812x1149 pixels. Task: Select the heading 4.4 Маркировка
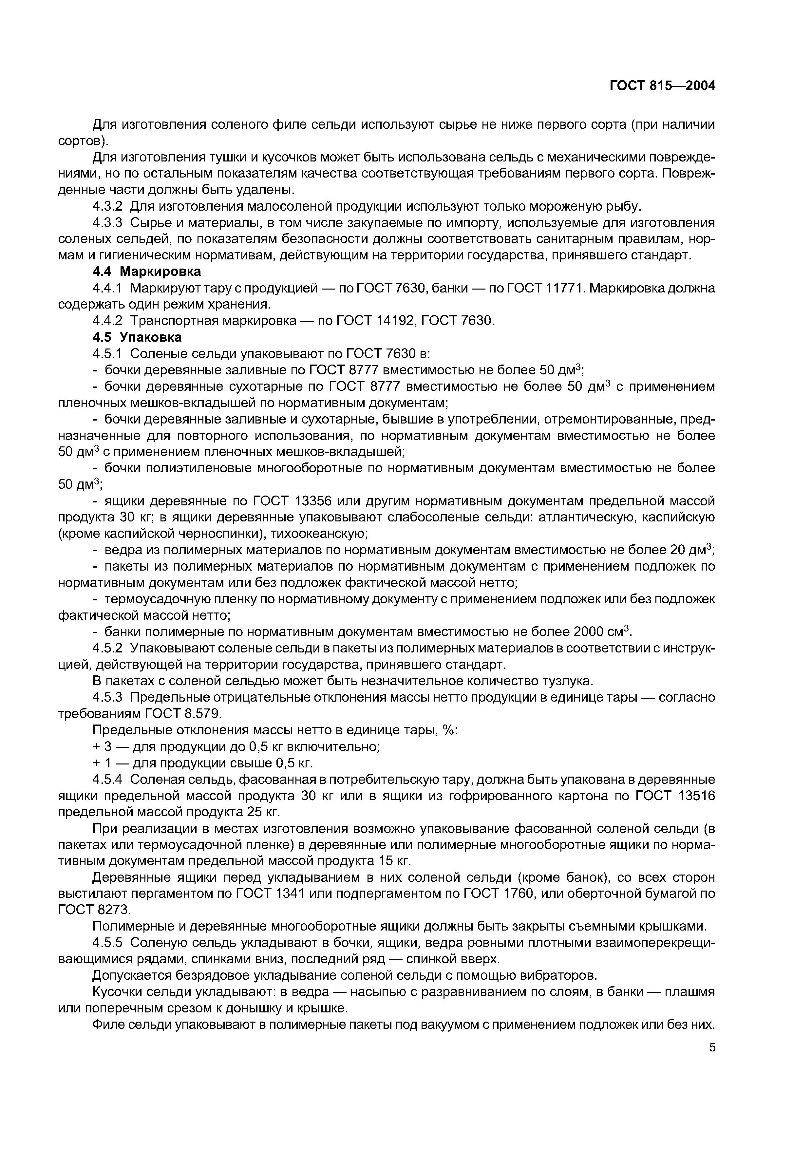click(x=147, y=272)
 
